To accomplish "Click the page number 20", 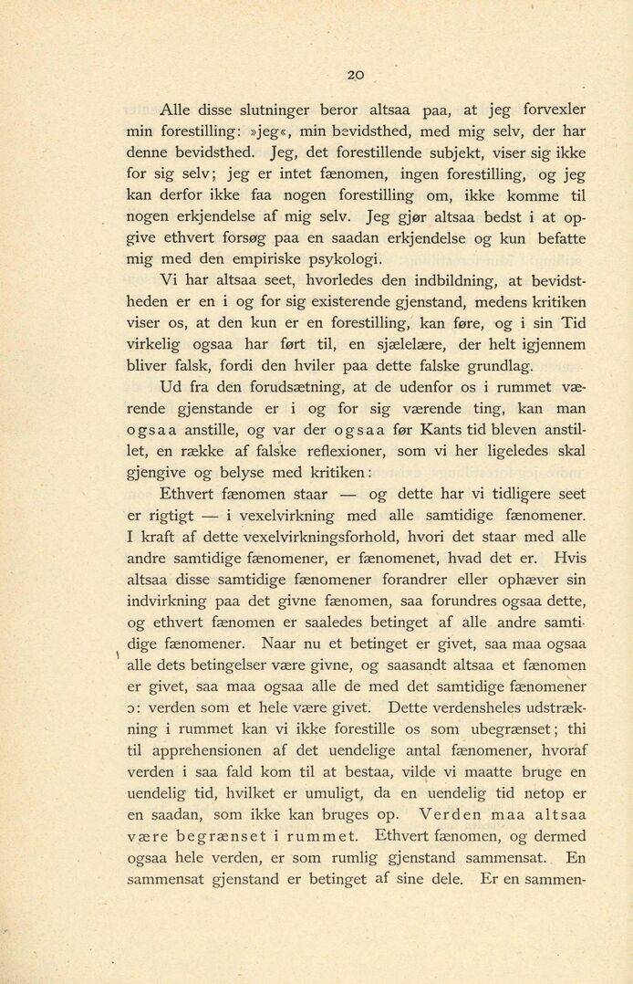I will (x=356, y=76).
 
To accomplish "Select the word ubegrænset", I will (x=511, y=728).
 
